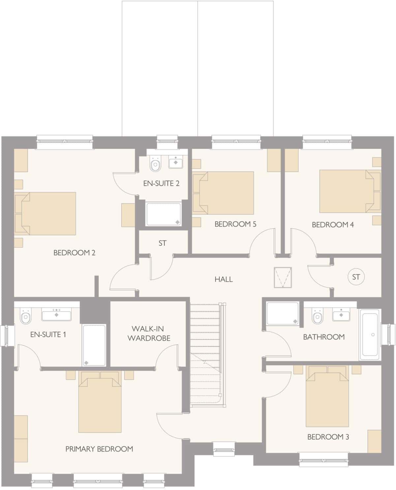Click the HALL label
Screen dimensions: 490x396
224,279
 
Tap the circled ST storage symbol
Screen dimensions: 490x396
356,277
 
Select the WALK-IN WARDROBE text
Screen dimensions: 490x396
149,333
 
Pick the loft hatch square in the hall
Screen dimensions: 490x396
283,278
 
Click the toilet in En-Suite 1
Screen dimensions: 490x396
25,317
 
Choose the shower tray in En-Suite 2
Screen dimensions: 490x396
164,214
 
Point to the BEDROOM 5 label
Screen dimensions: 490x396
235,224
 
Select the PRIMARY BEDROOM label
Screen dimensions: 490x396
99,449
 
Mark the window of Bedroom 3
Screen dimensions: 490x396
323,459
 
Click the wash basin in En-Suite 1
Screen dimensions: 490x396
56,315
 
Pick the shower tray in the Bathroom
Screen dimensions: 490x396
282,313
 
